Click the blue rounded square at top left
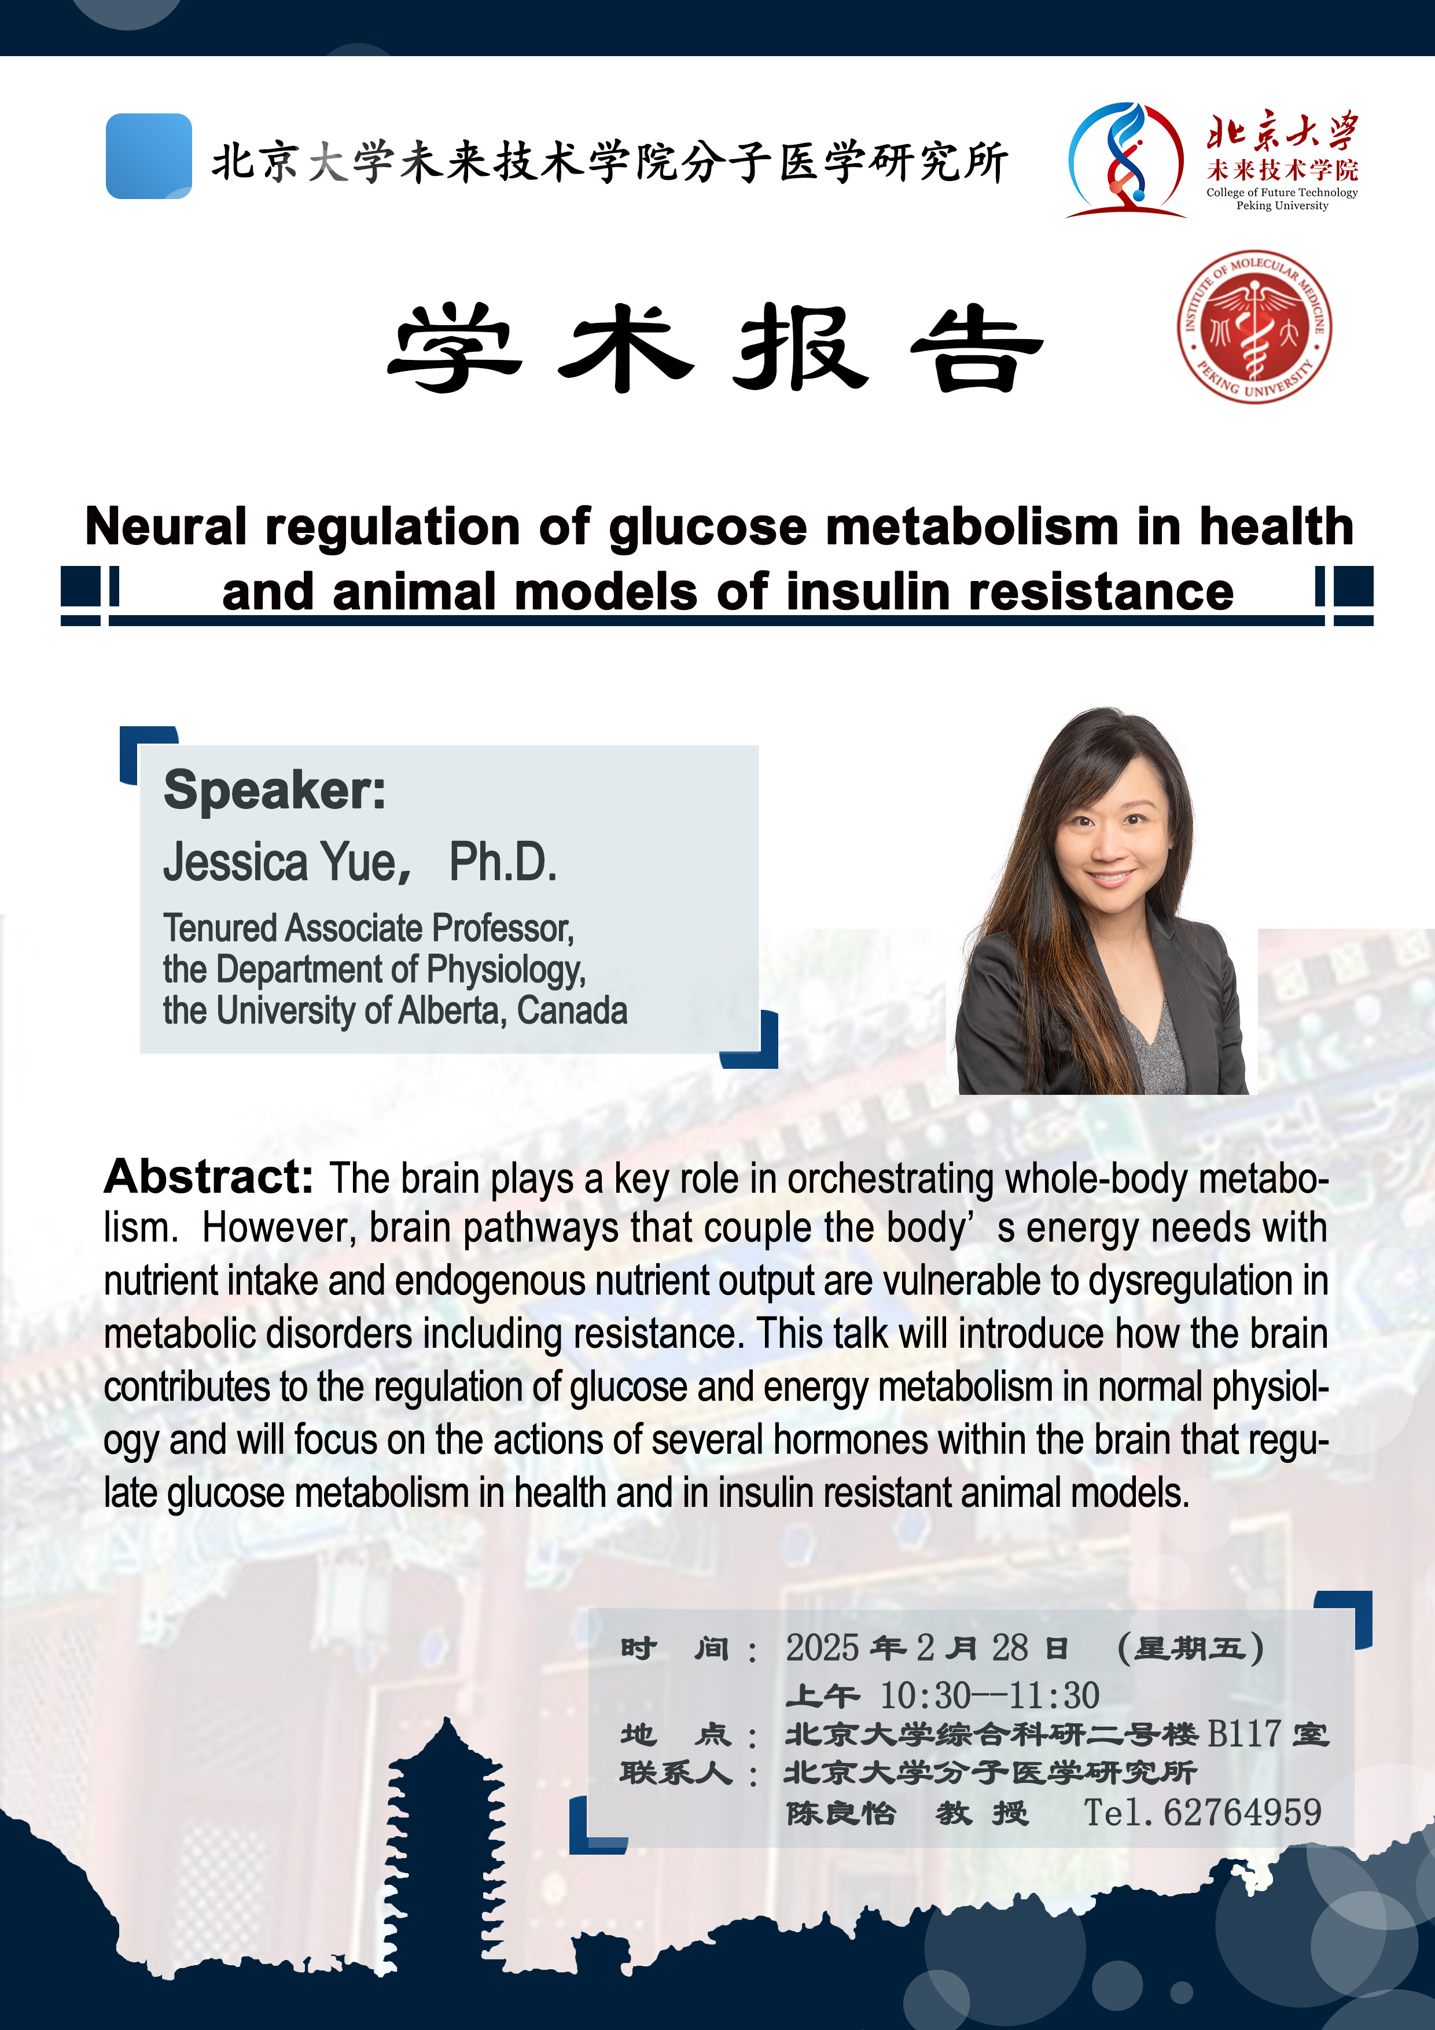149,156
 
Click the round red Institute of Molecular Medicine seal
1254,326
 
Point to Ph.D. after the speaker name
503,862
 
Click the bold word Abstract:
209,1177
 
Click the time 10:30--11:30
989,1696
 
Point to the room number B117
1244,1734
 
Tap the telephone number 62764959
1242,1812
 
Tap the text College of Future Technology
1282,192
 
